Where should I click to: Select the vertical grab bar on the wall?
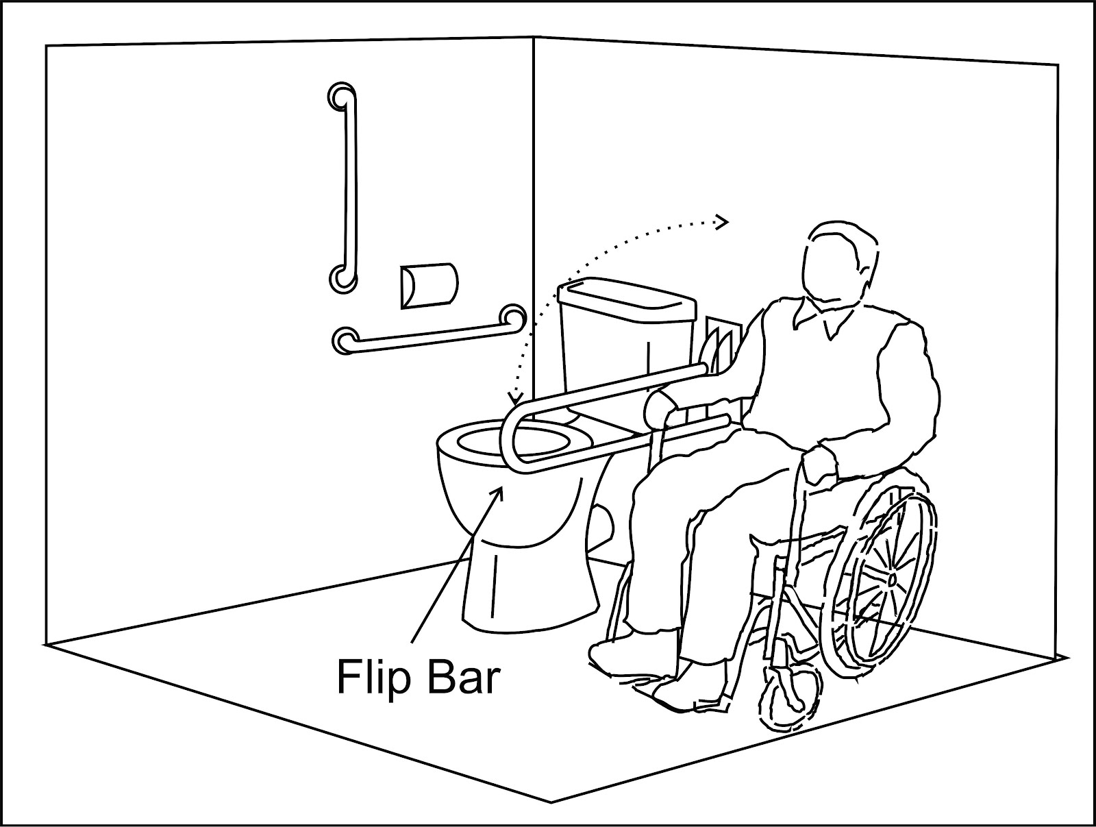350,185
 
